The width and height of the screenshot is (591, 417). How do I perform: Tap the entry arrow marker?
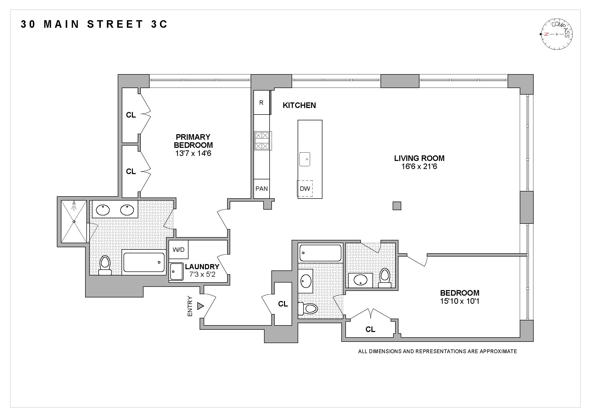tap(201, 306)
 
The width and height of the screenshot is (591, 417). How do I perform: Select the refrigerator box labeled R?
tap(262, 102)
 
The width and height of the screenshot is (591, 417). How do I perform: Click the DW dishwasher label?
tap(305, 189)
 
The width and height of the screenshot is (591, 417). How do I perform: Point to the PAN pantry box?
tap(262, 189)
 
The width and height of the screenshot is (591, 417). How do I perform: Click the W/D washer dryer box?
tap(179, 249)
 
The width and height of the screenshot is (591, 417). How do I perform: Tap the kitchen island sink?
tap(305, 159)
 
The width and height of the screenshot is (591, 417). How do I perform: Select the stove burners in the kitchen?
tap(262, 141)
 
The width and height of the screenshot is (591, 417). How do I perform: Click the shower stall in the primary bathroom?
tap(74, 221)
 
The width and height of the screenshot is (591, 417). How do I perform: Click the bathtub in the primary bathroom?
tap(144, 262)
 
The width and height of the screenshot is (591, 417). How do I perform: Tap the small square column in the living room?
tap(397, 206)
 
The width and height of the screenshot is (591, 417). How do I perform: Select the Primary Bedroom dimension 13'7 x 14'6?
tap(193, 153)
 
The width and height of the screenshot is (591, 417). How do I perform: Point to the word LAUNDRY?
tap(202, 267)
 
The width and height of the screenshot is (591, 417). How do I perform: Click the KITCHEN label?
tap(299, 105)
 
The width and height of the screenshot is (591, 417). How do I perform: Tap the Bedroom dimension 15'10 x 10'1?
tap(460, 301)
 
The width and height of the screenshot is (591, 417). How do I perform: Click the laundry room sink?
tap(177, 271)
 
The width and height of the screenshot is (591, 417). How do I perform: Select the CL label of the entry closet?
tap(283, 304)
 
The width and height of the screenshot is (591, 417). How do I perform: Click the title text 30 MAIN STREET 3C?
tap(94, 24)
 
